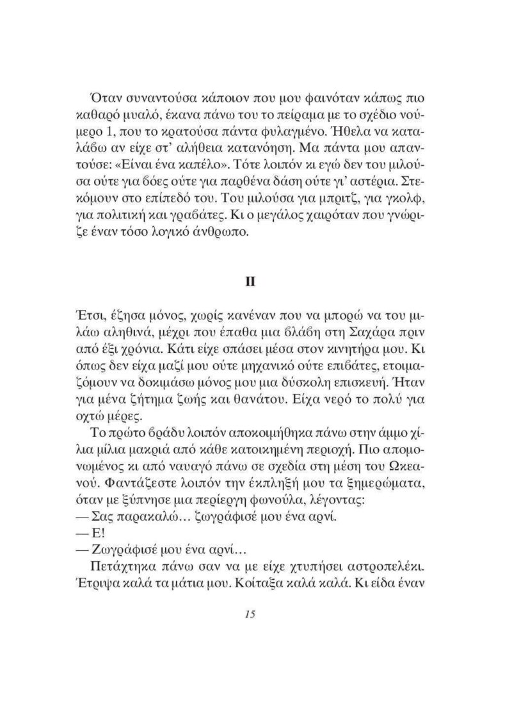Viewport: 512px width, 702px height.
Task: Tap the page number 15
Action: point(250,614)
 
